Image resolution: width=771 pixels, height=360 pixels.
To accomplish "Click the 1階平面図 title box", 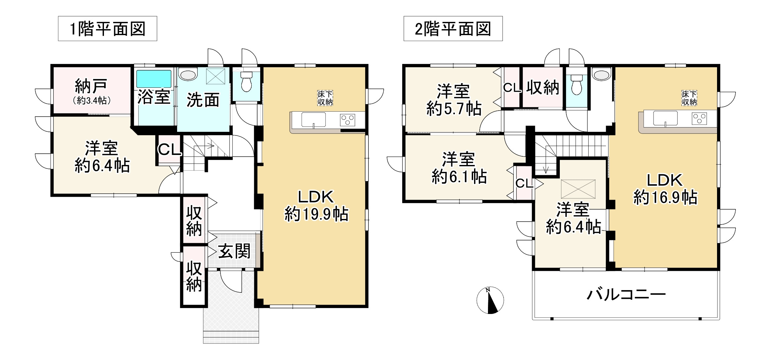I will (107, 29).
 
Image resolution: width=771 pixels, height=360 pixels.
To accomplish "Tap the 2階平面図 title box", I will (453, 29).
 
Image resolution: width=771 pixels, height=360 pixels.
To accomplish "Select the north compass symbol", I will (490, 300).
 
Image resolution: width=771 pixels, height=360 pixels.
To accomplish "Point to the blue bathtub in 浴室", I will (154, 78).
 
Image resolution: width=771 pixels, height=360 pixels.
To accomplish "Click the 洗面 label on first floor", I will (203, 100).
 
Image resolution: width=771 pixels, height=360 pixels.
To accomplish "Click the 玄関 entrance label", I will (234, 251).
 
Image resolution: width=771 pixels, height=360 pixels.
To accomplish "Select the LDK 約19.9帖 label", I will (316, 205).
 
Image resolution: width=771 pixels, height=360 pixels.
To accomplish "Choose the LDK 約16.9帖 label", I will (665, 189).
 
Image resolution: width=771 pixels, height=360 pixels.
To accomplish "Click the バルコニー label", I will (626, 294).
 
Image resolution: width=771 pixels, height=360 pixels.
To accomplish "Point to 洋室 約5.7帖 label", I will (454, 100).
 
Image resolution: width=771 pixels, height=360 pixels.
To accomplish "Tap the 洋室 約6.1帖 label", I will (459, 168).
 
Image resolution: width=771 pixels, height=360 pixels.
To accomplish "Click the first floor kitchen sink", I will (313, 119).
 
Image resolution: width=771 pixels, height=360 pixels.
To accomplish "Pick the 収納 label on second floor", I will (543, 87).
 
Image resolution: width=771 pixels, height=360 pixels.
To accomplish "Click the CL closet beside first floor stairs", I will (169, 149).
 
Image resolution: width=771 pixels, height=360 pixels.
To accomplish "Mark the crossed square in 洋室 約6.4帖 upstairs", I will (578, 189).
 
